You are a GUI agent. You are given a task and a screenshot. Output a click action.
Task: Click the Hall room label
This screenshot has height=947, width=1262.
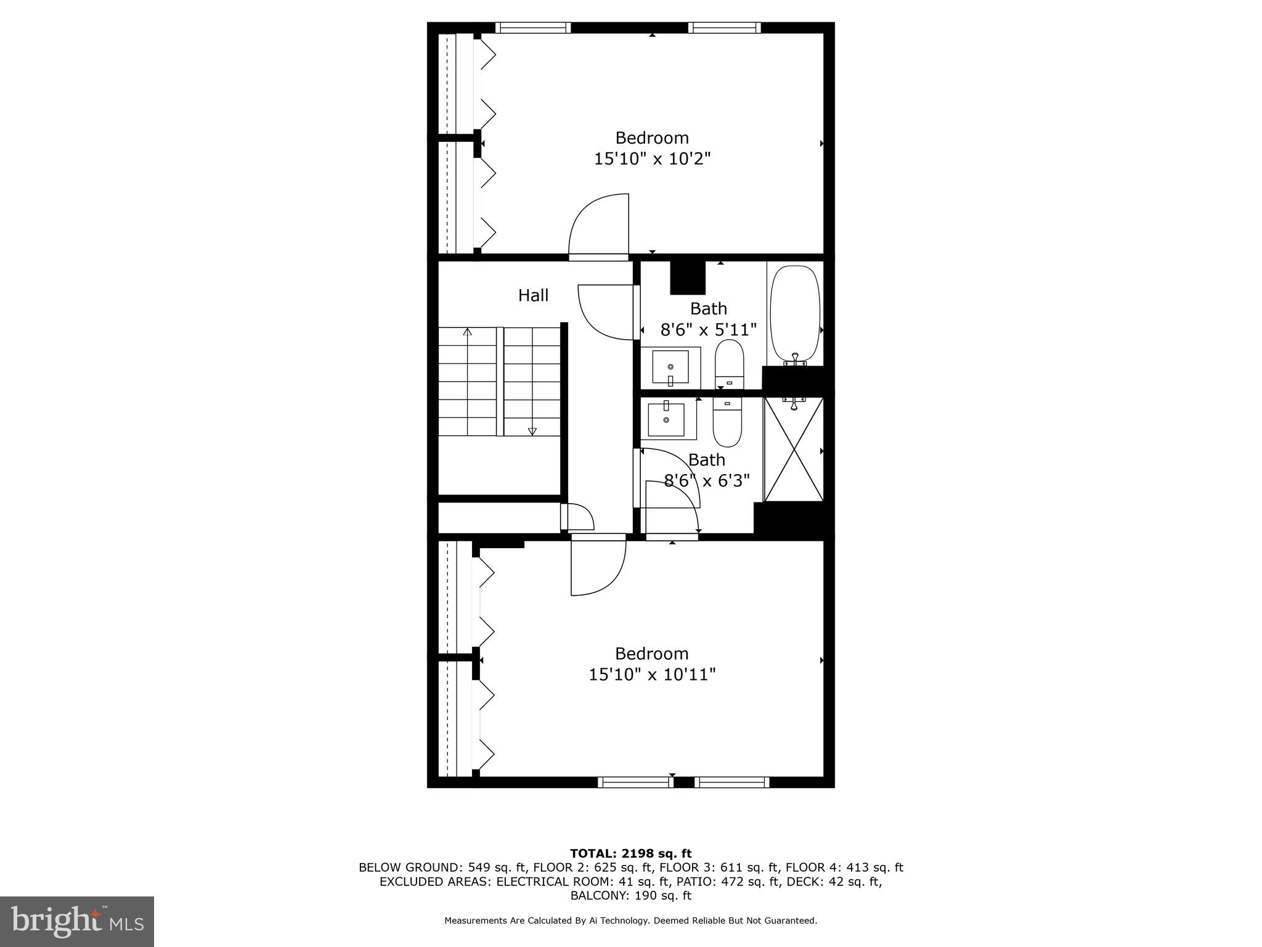533,295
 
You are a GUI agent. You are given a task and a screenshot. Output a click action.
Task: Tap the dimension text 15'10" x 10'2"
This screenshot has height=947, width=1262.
652,159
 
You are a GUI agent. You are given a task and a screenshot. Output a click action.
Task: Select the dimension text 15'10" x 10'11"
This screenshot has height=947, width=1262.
652,674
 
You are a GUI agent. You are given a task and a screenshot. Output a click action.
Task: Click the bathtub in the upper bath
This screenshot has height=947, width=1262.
795,314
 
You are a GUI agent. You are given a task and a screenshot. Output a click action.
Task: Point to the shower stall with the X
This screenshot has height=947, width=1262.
794,449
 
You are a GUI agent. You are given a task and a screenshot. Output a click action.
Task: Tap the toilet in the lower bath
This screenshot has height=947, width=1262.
727,421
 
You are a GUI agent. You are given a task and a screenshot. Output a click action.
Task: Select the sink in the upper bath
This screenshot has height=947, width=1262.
670,367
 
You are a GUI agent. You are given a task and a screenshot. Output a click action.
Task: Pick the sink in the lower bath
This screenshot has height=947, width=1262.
666,419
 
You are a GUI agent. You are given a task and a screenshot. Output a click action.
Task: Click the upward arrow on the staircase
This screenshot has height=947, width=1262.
468,334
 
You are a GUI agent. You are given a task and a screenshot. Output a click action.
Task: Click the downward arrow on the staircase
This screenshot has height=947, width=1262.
532,431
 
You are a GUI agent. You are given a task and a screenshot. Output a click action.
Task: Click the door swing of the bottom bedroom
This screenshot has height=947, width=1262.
596,567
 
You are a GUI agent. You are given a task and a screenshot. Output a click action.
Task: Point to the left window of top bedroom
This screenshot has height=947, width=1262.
533,28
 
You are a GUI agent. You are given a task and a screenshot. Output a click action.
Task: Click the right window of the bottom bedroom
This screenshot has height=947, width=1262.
732,782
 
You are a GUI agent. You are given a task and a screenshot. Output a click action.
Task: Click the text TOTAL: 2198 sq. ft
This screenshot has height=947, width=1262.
630,853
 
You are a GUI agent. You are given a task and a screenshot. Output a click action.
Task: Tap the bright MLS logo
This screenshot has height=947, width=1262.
77,922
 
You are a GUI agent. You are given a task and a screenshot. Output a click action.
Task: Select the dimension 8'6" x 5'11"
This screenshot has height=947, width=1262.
708,330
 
